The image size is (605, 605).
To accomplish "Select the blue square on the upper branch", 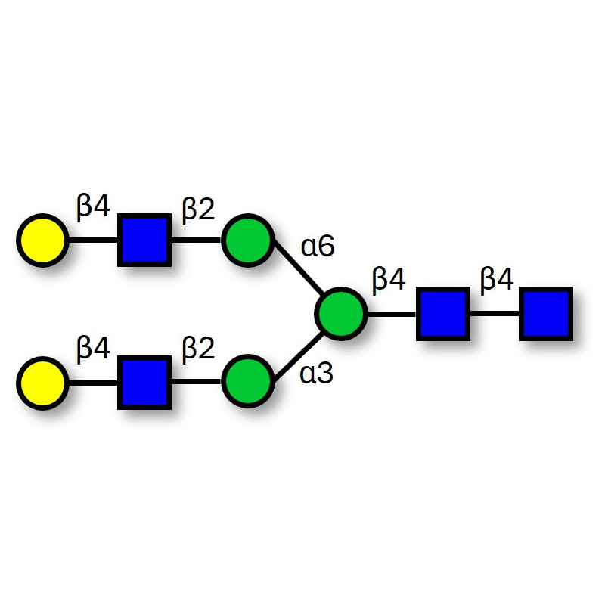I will [143, 241].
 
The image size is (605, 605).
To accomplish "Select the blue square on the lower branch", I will [143, 383].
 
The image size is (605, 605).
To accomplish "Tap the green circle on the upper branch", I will [247, 241].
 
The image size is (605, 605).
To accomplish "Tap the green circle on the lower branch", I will [247, 383].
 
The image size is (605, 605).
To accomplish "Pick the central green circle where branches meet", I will [340, 312].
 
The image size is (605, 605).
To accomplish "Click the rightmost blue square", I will [545, 312].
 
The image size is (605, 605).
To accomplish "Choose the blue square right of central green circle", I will [442, 312].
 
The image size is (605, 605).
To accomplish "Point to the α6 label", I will [318, 247].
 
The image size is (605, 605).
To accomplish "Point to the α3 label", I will [317, 373].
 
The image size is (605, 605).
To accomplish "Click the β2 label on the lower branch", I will [198, 349].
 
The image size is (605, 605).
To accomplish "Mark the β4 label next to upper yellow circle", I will [94, 208].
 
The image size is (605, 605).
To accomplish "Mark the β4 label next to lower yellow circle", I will [94, 349].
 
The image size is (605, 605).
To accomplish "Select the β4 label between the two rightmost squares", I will [497, 281].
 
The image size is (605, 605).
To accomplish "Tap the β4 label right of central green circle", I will [389, 281].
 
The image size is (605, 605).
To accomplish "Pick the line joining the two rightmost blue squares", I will [493, 312].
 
